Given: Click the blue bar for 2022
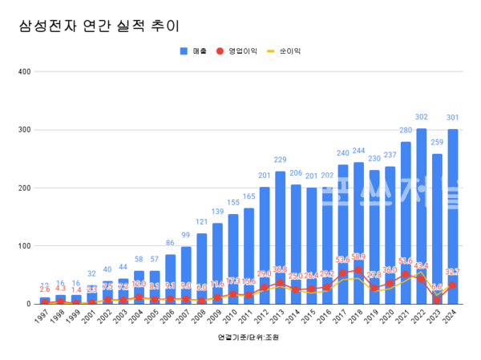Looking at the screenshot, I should (x=421, y=216).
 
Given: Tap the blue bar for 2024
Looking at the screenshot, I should (x=452, y=216).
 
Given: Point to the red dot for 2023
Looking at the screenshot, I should (x=437, y=300).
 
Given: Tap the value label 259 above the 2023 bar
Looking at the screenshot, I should (x=437, y=144).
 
